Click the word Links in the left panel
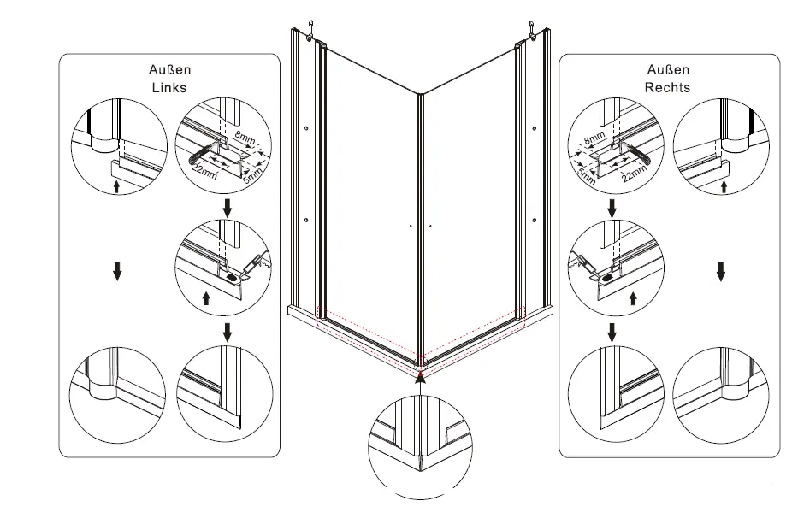[x=168, y=87]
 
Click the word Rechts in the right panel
[x=668, y=87]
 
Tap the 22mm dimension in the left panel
[x=204, y=172]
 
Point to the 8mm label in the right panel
[x=594, y=137]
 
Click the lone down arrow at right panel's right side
[x=721, y=272]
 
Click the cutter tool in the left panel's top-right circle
[x=196, y=156]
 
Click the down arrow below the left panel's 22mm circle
[x=226, y=209]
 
